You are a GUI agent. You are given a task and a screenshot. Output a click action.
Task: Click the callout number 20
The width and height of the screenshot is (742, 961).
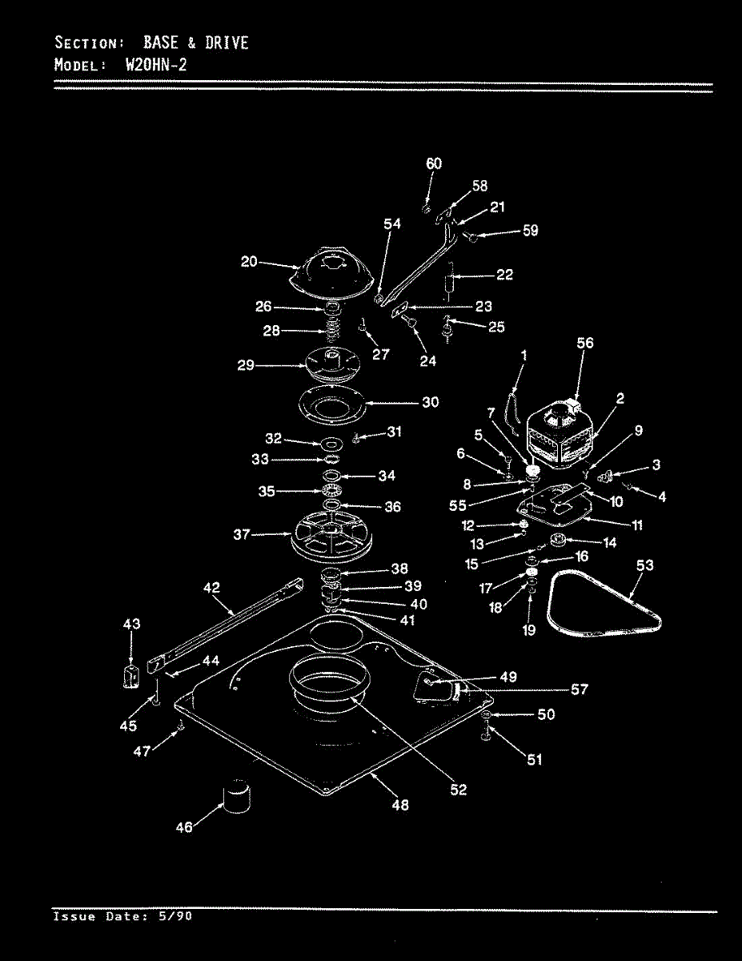point(249,261)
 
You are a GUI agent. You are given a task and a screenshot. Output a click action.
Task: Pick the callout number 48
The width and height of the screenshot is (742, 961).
point(400,805)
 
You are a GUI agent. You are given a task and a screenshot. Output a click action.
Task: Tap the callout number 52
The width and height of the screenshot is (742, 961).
point(457,790)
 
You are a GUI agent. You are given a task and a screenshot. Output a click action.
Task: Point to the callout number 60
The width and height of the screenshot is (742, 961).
point(433,163)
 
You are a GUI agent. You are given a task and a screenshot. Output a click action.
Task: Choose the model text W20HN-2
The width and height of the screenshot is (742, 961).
point(156,65)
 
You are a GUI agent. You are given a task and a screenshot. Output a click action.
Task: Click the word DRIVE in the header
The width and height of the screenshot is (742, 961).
point(227,42)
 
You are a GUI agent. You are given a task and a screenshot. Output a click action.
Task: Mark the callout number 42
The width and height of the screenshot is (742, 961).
point(211,587)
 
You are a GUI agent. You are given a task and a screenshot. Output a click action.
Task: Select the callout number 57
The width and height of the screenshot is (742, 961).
point(580,689)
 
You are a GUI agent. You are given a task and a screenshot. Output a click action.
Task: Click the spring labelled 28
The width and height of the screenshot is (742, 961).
point(331,330)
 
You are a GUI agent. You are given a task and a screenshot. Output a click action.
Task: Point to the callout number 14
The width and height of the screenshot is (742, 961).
point(609,542)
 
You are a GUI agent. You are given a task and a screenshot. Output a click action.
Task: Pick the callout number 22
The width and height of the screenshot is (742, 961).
point(504,275)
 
